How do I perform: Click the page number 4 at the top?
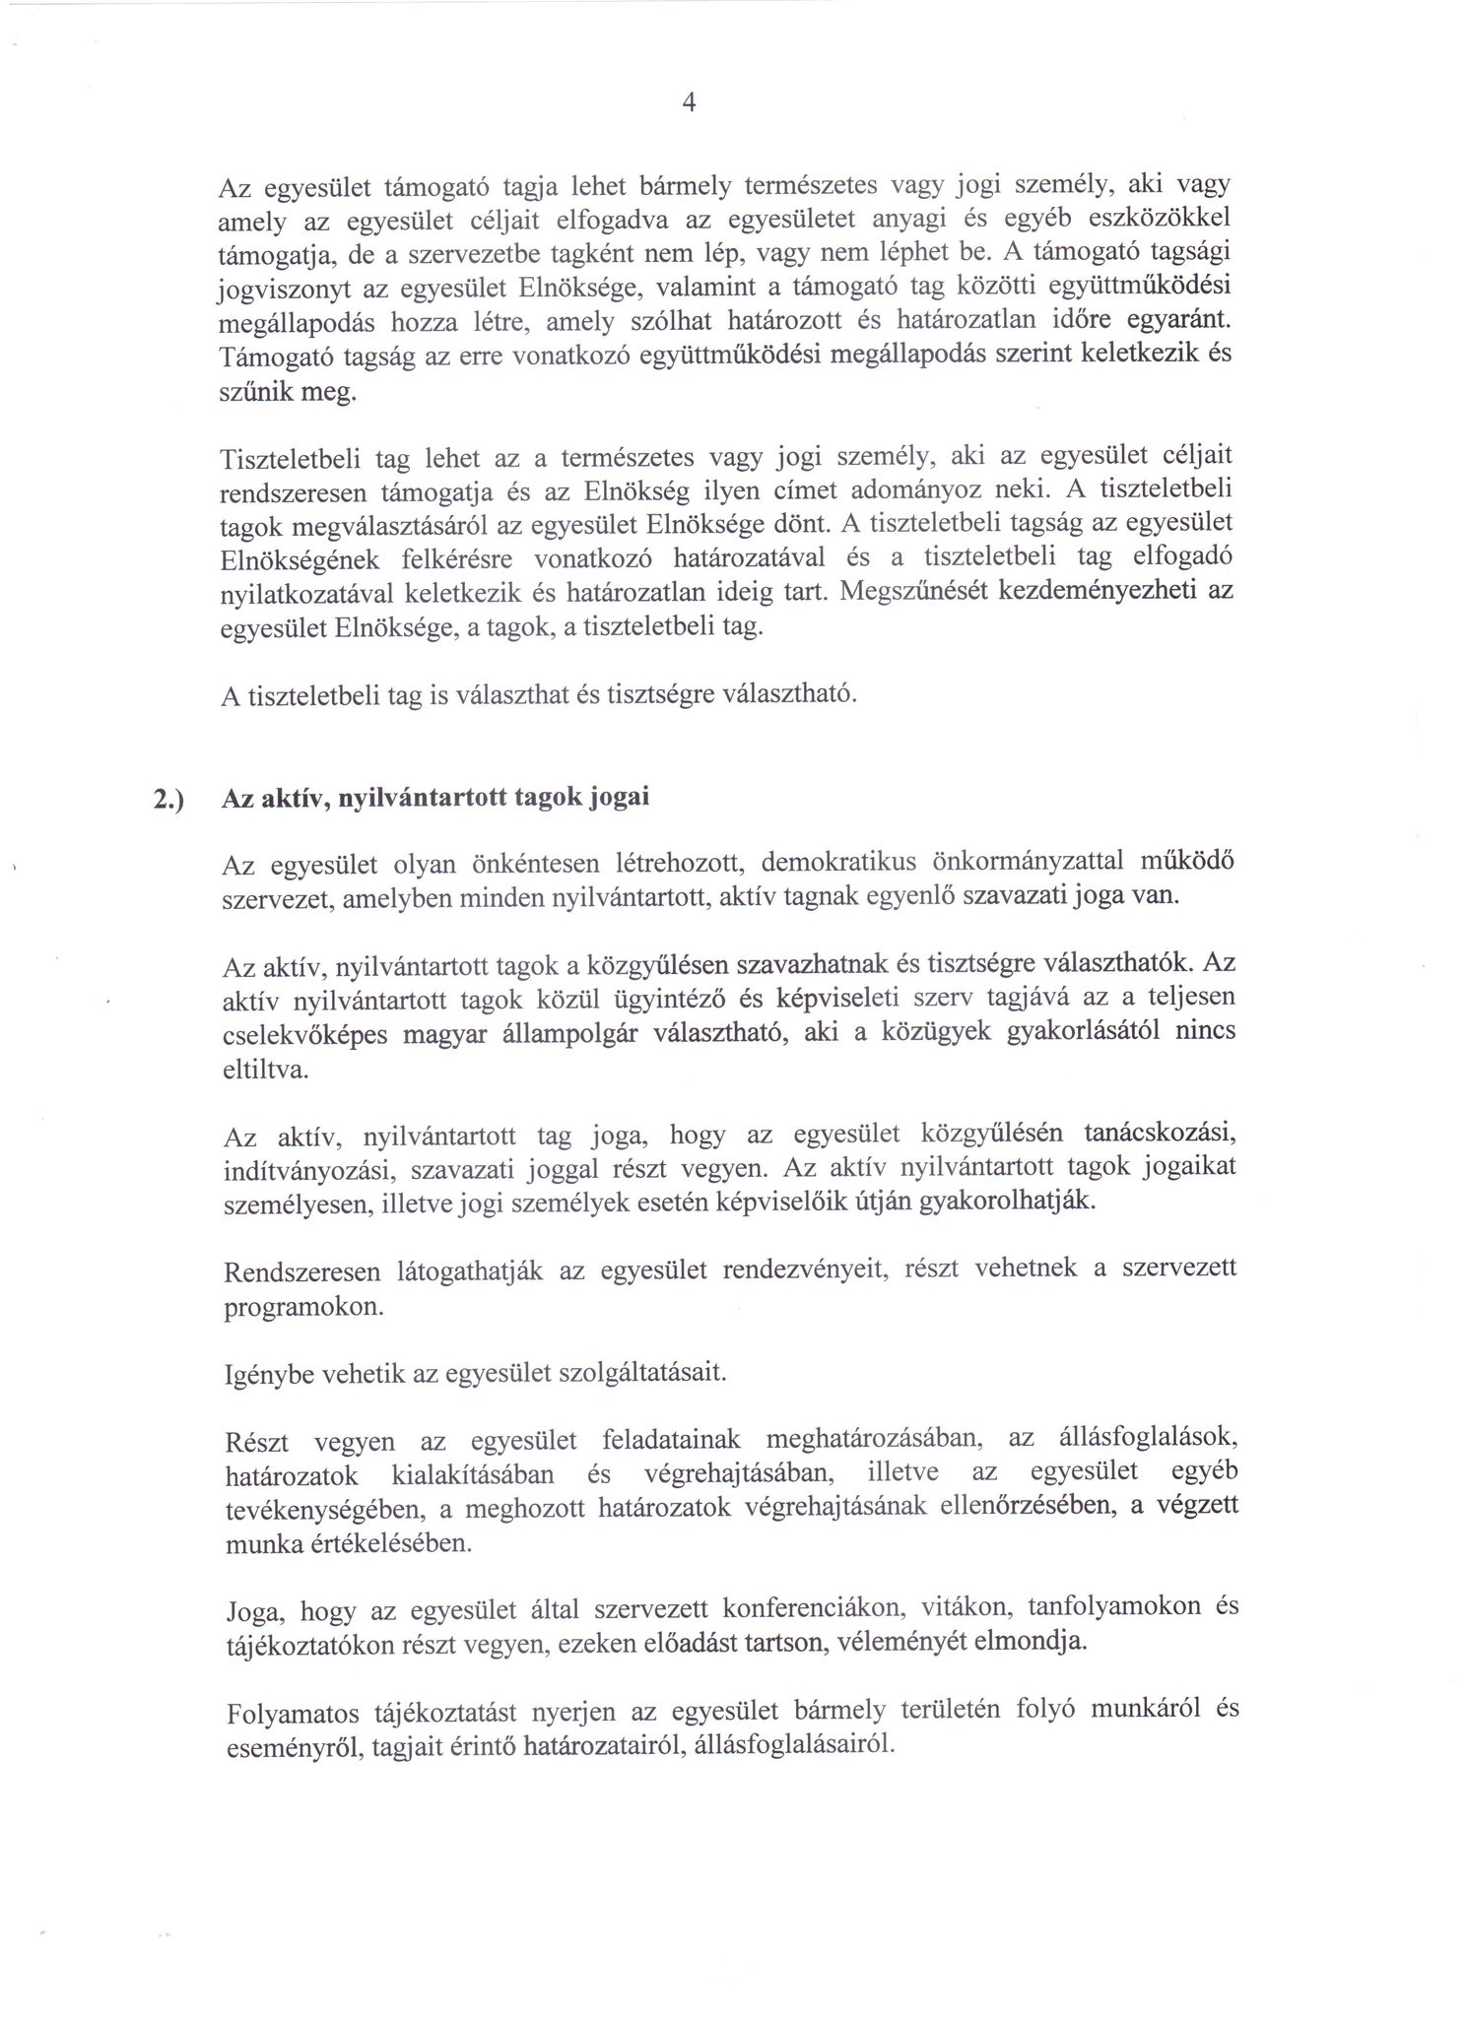pos(689,102)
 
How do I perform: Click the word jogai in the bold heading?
pos(619,798)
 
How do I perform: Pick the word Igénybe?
pos(269,1374)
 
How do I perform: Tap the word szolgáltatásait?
pos(637,1372)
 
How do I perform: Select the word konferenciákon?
pos(800,1609)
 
